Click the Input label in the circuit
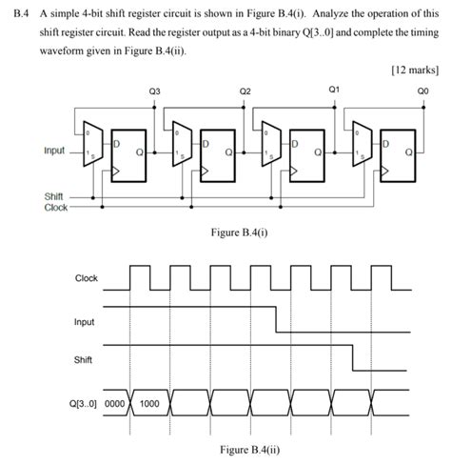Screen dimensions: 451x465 pos(55,151)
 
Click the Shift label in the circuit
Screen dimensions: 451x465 pos(54,195)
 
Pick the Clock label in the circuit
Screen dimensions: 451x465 pos(56,207)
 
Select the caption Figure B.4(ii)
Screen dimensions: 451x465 pos(248,450)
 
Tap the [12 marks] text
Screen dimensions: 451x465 pos(416,71)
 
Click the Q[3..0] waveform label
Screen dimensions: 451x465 pos(85,403)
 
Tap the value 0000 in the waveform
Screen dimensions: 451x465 pos(115,403)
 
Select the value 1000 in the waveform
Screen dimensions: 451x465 pos(149,403)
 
